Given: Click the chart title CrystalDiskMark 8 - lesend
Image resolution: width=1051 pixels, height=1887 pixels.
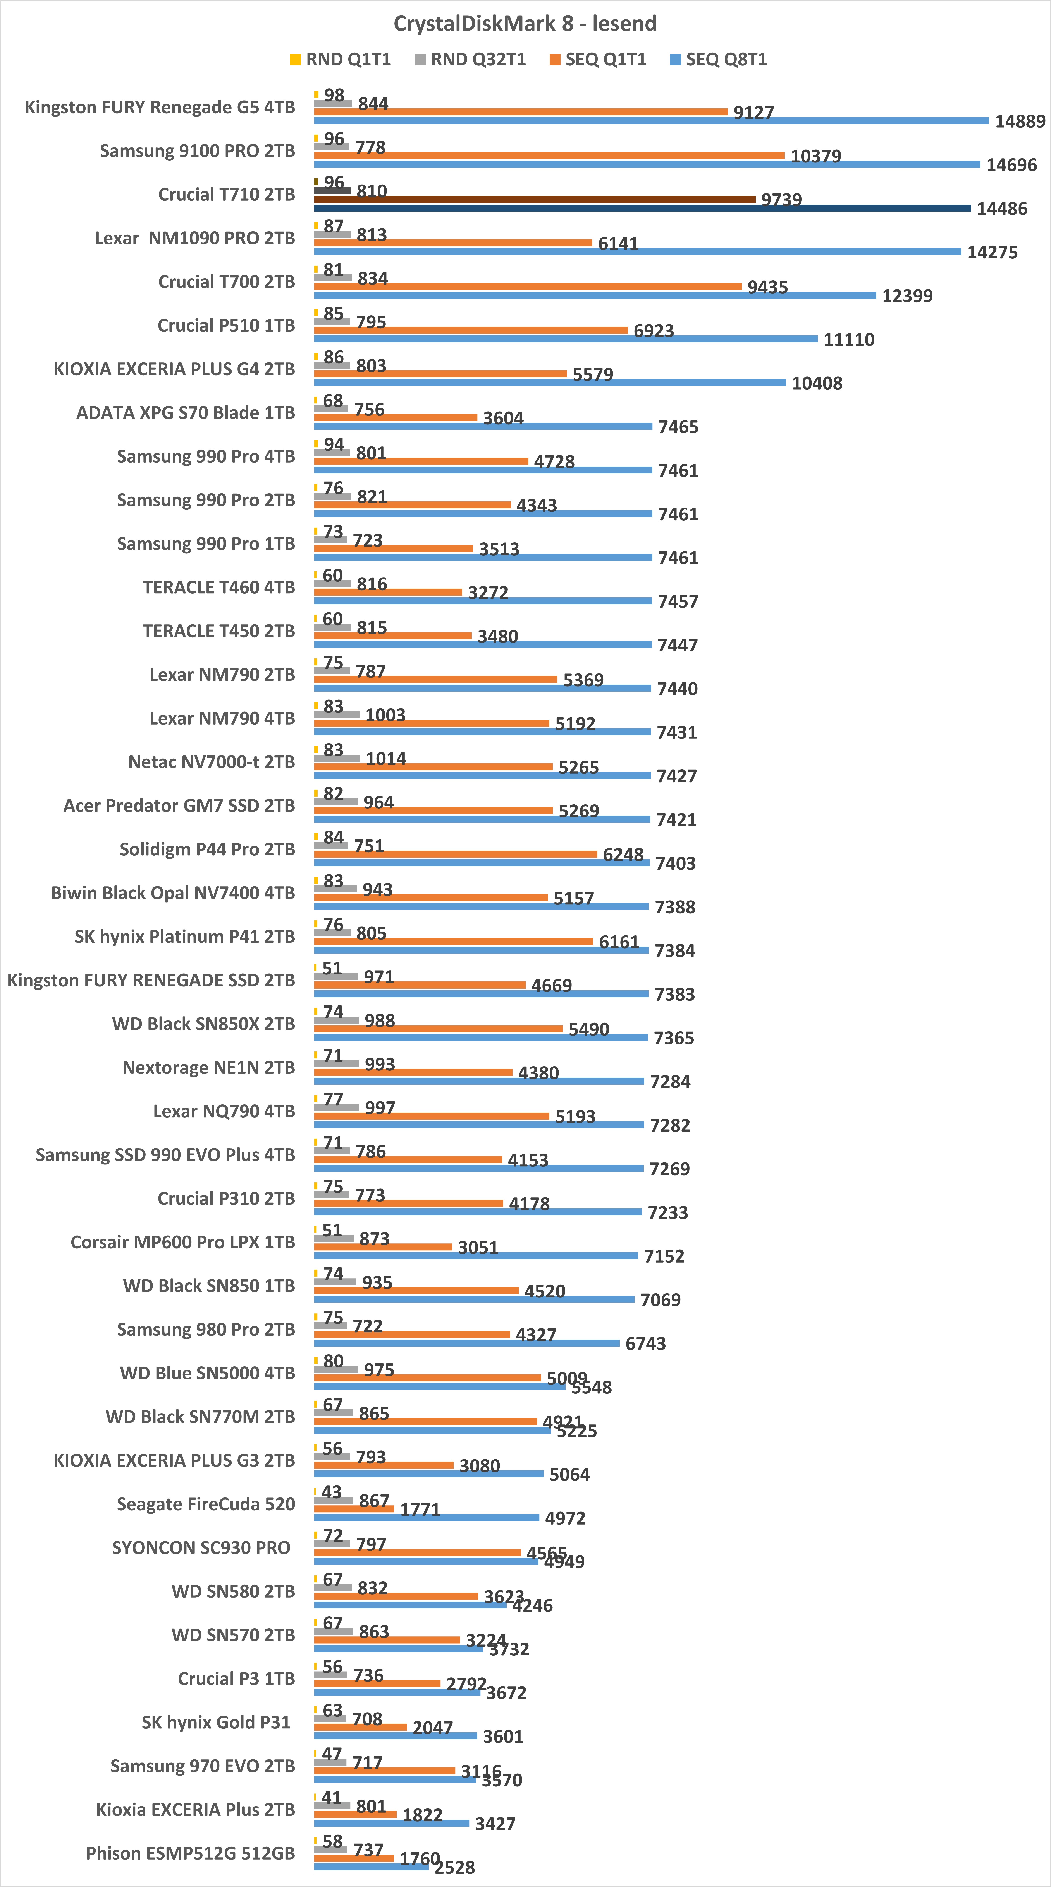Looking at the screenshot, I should point(525,23).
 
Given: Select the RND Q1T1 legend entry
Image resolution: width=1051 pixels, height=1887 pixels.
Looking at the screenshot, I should point(340,59).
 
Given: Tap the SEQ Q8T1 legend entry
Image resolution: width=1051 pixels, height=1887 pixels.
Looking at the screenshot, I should point(718,59).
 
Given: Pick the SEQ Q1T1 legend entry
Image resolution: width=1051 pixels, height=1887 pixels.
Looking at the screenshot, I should point(598,59).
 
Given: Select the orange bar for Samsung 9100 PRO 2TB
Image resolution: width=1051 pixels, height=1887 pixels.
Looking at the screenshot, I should point(549,155).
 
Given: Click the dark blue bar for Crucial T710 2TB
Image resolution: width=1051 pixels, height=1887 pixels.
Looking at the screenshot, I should point(642,208).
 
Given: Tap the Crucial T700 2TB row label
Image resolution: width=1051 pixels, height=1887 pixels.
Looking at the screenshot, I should point(227,282).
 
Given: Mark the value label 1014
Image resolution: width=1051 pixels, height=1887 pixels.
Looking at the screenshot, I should point(385,759).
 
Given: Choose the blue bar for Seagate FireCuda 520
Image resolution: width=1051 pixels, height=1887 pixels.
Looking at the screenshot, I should point(427,1518).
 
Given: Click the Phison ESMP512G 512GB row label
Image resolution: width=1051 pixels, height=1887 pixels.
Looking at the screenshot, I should point(191,1853).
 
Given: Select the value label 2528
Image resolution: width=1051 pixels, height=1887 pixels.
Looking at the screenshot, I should point(454,1867).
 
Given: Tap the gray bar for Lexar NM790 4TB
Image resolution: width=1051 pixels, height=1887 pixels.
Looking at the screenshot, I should point(336,714).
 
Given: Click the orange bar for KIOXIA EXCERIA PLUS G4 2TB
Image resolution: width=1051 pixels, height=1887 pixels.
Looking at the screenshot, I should point(440,374).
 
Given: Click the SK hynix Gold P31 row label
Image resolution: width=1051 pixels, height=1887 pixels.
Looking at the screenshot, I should point(216,1722).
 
